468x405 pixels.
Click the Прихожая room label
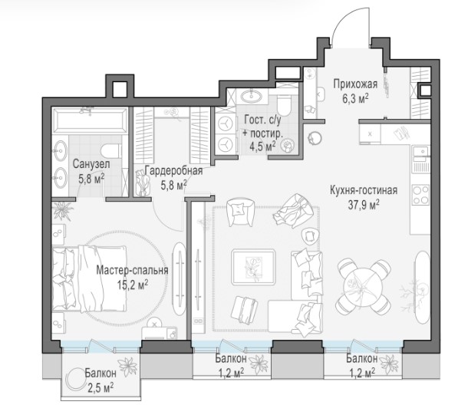355,84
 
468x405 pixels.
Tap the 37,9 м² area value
364,205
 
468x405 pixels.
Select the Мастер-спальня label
132,271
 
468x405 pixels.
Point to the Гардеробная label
173,171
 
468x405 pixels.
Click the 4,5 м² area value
262,147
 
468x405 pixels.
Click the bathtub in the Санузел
90,120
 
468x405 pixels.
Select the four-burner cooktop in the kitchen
421,195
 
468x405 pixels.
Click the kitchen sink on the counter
421,152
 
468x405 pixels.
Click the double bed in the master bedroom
89,278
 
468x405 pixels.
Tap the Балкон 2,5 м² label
101,380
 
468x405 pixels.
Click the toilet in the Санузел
111,150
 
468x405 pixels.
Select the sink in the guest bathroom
252,96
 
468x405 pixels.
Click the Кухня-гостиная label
364,190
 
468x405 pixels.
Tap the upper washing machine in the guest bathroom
226,123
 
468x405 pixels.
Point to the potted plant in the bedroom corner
63,209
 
